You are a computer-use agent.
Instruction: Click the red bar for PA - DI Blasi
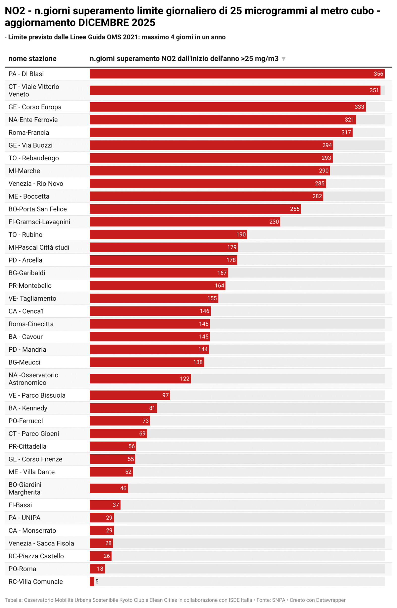click(x=230, y=74)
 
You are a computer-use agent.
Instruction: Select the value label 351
click(x=374, y=90)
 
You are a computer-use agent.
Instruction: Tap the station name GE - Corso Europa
click(x=35, y=107)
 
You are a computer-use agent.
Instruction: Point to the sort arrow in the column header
click(x=283, y=59)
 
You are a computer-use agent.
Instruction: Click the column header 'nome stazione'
click(x=33, y=59)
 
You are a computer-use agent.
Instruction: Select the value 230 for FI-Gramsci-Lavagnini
click(x=274, y=222)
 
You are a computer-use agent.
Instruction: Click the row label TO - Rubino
click(x=26, y=235)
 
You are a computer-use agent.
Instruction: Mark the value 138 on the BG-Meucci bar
click(x=198, y=362)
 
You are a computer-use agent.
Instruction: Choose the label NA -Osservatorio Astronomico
click(x=33, y=379)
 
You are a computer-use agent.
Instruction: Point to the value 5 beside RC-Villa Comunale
click(x=97, y=581)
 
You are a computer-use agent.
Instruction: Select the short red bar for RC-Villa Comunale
click(x=92, y=581)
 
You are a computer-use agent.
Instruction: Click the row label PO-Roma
click(x=23, y=569)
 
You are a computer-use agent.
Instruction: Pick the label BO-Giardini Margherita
click(x=25, y=488)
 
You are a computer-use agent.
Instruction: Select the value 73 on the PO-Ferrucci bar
click(x=145, y=421)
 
